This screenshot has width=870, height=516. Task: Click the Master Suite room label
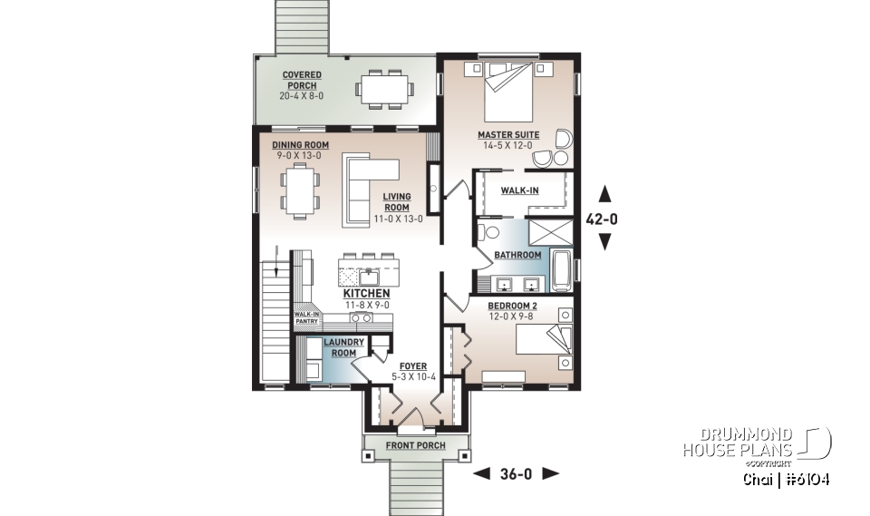point(508,135)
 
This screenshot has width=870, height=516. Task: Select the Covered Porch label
point(299,81)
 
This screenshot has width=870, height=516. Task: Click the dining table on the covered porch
point(385,89)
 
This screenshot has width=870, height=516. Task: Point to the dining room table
point(298,190)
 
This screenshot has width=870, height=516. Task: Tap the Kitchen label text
point(367,294)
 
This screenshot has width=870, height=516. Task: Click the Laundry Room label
point(344,347)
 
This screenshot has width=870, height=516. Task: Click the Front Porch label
point(417,445)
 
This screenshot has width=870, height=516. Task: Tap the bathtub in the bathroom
point(561,269)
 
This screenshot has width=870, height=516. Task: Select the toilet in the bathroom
point(480,233)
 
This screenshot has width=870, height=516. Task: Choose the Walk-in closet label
point(521,190)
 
